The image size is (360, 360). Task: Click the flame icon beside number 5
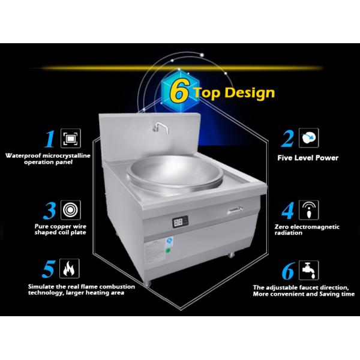[x=70, y=268]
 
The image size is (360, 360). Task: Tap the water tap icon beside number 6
[x=309, y=270]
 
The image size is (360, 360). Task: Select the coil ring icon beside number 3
[x=71, y=210]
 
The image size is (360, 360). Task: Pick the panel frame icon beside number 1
[x=71, y=138]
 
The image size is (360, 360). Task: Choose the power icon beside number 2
[x=309, y=138]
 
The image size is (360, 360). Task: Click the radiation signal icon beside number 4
[x=309, y=210]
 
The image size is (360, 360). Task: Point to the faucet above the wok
[x=161, y=127]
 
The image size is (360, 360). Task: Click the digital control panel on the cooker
[x=180, y=222]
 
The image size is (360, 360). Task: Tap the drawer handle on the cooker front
[x=235, y=211]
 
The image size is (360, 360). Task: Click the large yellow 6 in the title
[x=179, y=92]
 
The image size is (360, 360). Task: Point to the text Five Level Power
[x=308, y=158]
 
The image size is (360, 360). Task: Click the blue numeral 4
[x=287, y=211]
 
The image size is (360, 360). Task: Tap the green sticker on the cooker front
[x=168, y=250]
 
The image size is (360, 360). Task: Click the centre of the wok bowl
[x=175, y=171]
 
